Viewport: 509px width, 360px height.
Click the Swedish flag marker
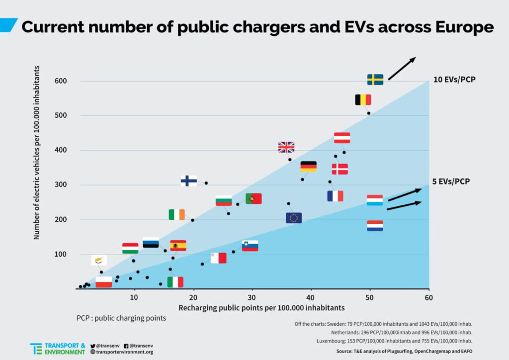coord(375,80)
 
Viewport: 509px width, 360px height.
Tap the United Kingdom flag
coord(286,147)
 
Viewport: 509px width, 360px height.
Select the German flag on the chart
coord(309,167)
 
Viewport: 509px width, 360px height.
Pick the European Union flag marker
coord(294,218)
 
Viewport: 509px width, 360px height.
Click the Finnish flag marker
coord(188,180)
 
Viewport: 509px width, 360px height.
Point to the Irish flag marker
coord(176,214)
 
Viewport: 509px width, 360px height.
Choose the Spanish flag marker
coord(178,246)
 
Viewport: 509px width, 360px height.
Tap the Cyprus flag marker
coord(99,261)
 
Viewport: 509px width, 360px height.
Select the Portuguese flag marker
coord(254,199)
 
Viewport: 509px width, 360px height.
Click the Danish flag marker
coord(340,169)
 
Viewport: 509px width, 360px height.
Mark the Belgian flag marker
coord(363,100)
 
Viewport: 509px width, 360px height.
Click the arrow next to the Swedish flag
coord(402,69)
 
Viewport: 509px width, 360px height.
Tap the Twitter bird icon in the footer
coord(93,345)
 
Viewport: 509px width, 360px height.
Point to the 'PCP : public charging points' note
coord(121,317)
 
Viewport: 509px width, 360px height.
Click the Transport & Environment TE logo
coord(36,349)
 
